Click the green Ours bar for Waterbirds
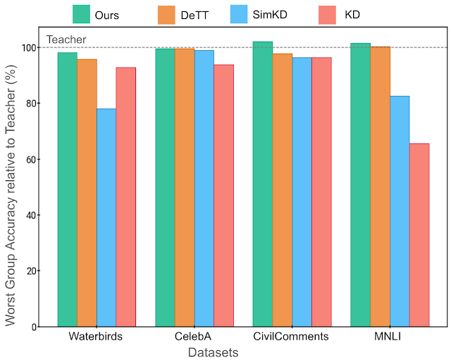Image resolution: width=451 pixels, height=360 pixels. pos(68,190)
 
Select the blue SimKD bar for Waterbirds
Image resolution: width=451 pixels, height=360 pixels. pos(106,218)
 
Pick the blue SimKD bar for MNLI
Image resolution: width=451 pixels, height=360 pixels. pos(400,211)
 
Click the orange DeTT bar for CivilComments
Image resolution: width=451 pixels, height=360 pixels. pos(283,190)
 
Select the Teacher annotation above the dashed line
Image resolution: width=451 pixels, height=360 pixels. pos(61,40)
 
